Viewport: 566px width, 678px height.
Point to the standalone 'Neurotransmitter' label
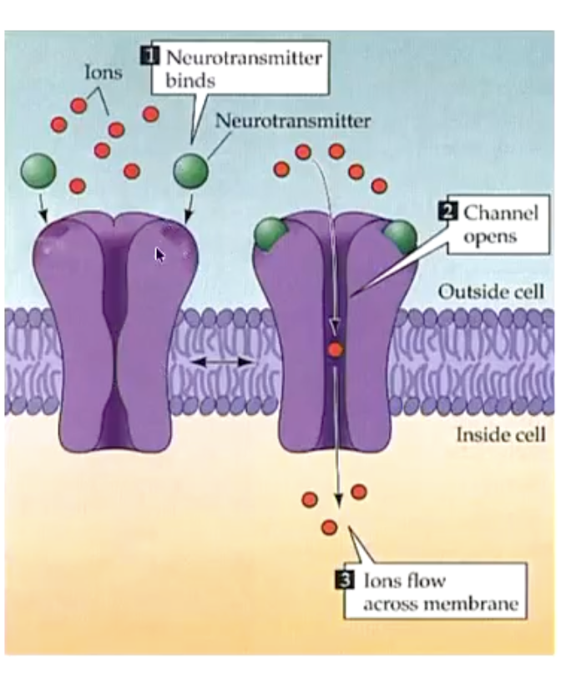pos(292,121)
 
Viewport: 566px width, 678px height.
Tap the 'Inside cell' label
pos(501,434)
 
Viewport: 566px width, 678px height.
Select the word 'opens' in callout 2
pos(490,236)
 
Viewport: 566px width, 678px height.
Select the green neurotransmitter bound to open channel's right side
pos(399,236)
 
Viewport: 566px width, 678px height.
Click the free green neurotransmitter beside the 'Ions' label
pos(38,170)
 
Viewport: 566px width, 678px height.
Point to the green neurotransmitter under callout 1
pos(190,170)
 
